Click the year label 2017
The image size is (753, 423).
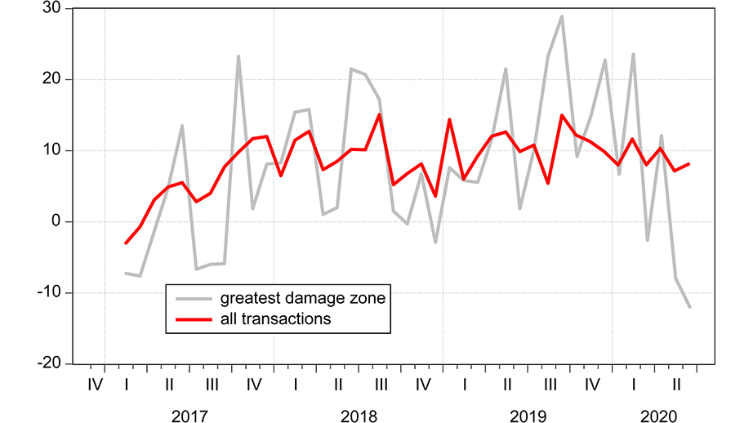click(x=189, y=416)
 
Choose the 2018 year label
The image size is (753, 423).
click(x=359, y=416)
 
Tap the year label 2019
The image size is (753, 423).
click(x=528, y=416)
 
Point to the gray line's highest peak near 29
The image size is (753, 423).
click(x=562, y=16)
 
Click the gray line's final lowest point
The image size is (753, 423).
click(x=690, y=307)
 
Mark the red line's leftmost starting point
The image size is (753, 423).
click(x=126, y=243)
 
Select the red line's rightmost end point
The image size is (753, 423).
click(x=690, y=164)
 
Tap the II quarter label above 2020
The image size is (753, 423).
click(x=676, y=383)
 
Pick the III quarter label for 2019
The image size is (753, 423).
click(x=550, y=383)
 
